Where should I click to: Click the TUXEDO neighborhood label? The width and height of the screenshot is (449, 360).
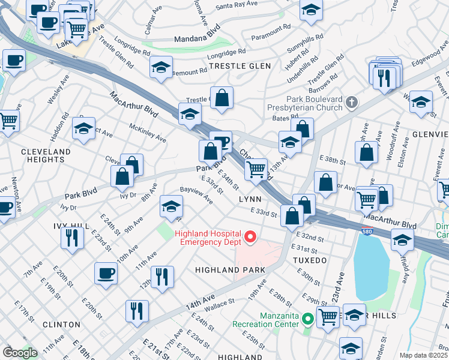[309, 260]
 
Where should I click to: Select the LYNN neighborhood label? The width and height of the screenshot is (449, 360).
[250, 199]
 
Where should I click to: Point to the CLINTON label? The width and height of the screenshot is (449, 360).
[61, 324]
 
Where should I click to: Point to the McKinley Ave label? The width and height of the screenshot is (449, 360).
[148, 133]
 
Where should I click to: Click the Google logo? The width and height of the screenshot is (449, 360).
[20, 353]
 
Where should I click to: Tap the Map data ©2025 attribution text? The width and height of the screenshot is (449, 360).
[423, 355]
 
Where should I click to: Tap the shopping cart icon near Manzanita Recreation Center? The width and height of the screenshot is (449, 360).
[328, 315]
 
